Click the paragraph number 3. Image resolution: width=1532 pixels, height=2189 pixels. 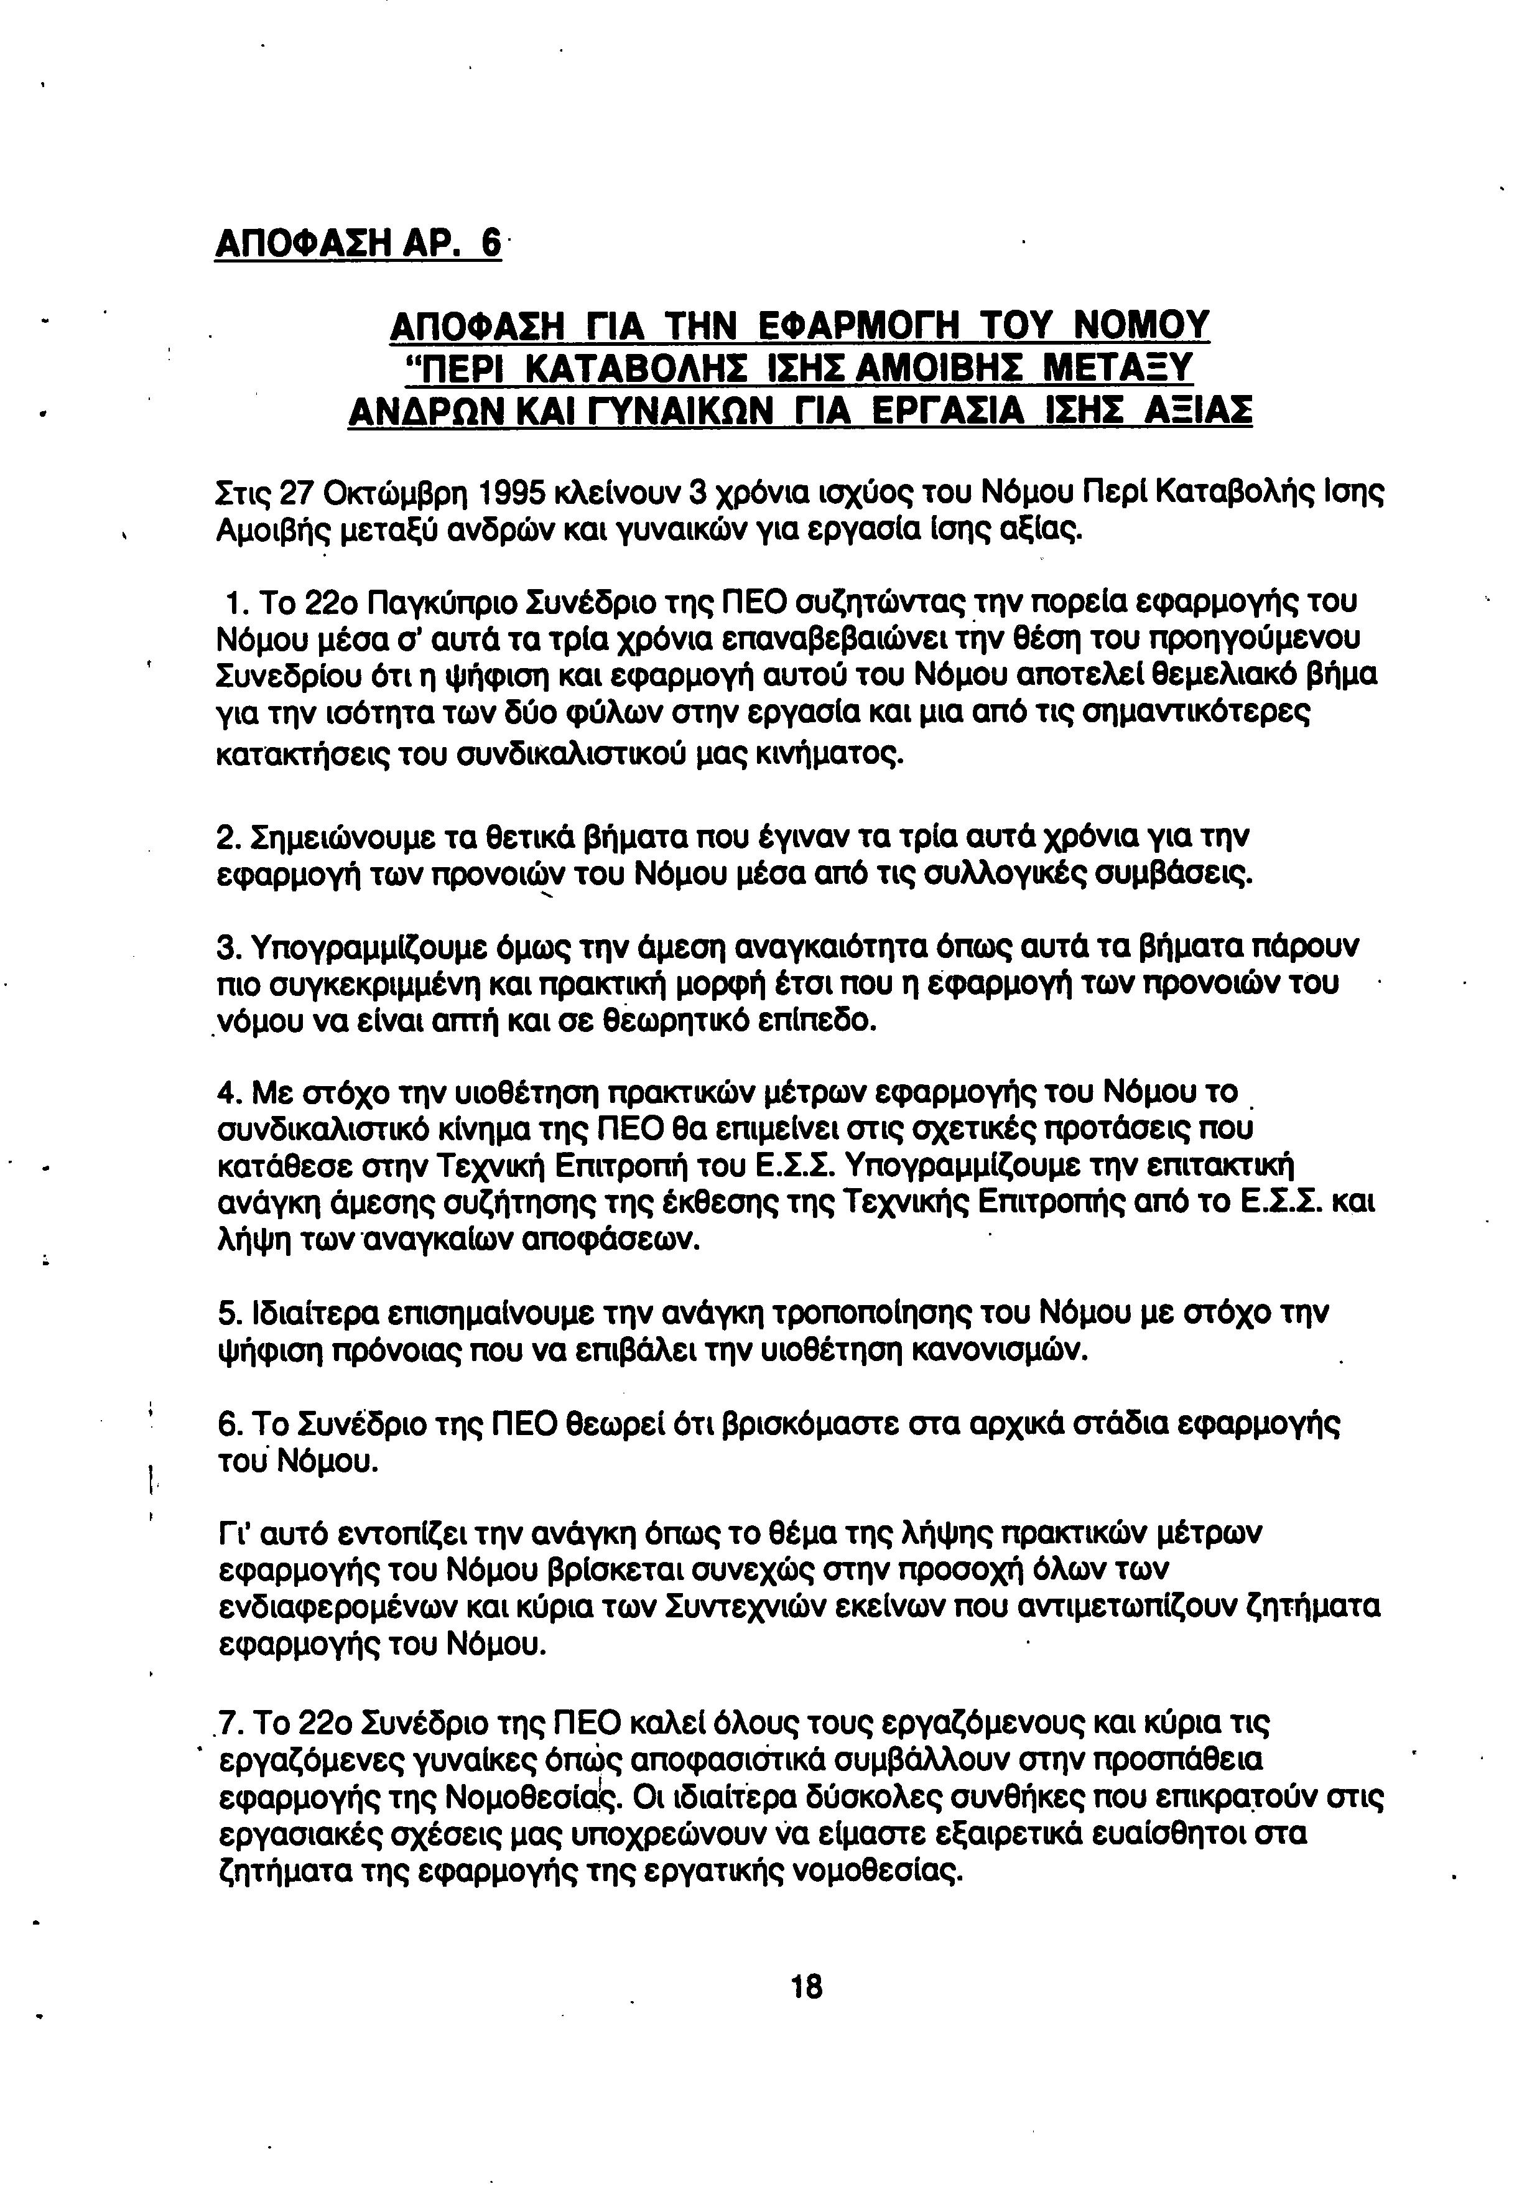227,947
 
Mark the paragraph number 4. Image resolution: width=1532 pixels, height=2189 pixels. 227,1090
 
